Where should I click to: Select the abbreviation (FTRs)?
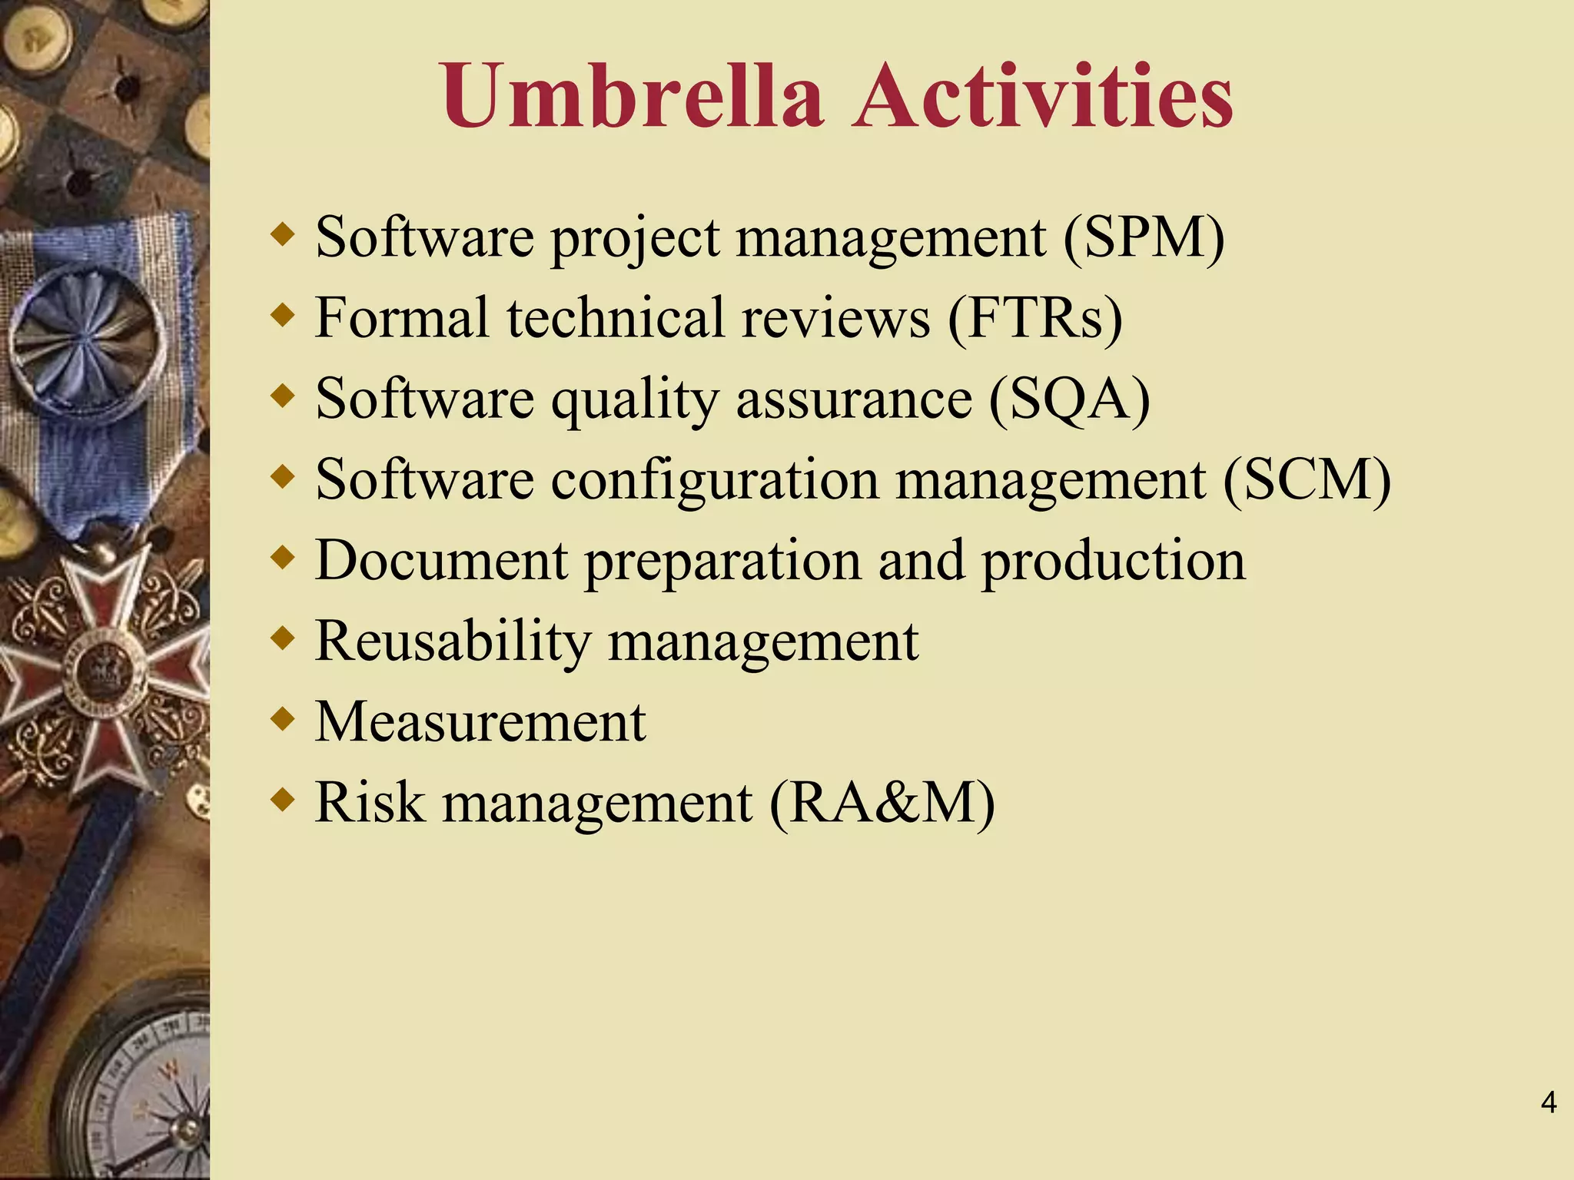coord(1034,317)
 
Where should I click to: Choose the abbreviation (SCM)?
coord(1307,479)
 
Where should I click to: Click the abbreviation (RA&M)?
coord(882,802)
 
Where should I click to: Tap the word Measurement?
coord(480,721)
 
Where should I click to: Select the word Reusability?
coord(453,641)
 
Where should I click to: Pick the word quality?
coord(635,399)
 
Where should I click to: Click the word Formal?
coord(402,317)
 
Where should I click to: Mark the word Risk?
coord(370,802)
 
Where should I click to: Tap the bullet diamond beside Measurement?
coord(284,720)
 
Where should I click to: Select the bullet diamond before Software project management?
coord(284,235)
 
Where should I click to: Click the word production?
coord(1114,560)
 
